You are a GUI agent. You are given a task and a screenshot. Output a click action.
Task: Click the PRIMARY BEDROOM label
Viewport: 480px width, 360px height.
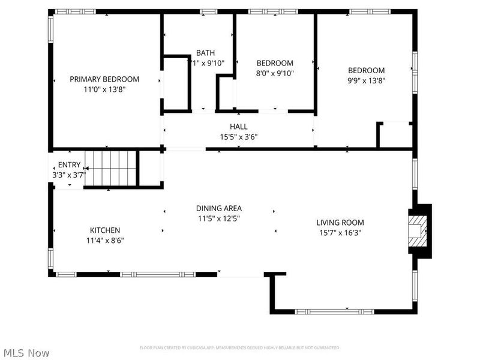coord(104,79)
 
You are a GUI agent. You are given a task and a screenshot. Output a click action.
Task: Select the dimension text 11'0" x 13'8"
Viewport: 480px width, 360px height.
coord(104,89)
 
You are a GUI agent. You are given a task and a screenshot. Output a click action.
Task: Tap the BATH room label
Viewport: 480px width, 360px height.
coord(205,53)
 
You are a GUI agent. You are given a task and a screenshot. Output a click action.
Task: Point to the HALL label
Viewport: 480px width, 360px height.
coord(238,127)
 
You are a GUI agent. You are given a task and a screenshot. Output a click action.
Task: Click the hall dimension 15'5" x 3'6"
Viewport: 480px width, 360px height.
coord(238,136)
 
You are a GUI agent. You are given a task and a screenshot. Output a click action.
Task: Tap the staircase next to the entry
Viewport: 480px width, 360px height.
coord(111,169)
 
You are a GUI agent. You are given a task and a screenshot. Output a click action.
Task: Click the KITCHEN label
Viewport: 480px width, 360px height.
coord(105,230)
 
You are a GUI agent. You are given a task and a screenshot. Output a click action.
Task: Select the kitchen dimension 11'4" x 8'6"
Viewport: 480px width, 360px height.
coord(105,240)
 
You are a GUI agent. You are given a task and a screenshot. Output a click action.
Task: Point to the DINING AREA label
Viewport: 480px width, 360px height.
coord(219,209)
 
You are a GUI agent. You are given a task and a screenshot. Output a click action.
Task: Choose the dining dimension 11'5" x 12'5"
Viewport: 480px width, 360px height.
coord(219,218)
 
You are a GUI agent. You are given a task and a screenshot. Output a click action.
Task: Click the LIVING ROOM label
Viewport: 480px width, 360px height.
coord(340,223)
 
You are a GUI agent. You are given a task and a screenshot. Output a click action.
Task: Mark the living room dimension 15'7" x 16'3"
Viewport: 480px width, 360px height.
coord(340,233)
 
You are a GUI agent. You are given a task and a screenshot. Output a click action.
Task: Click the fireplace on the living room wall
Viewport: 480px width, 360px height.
coord(419,231)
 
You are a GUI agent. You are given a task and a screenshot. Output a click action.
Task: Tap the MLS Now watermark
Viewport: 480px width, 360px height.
coord(26,353)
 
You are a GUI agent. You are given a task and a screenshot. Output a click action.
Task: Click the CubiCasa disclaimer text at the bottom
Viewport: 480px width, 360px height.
coord(240,347)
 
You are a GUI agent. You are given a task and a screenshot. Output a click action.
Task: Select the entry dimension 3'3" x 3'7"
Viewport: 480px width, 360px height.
coord(70,175)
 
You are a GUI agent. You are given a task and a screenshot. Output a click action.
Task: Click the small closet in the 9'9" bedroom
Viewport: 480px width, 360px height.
coord(395,135)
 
